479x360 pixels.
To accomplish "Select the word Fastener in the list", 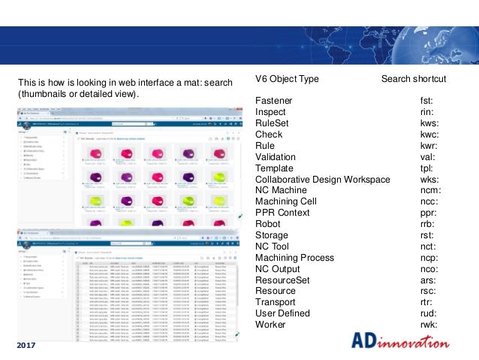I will click(274, 100).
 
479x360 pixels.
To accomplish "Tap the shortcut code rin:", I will click(426, 111).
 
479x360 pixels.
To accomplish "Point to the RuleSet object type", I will click(273, 123).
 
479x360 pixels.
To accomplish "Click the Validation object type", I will click(276, 156).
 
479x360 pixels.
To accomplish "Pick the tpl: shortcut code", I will click(426, 168).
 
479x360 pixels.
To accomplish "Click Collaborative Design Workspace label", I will click(322, 179).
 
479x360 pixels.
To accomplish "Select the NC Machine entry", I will click(280, 190).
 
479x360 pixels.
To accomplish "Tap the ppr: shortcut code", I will click(429, 213).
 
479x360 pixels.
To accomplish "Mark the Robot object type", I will click(268, 224).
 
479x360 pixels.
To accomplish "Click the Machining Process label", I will click(294, 257).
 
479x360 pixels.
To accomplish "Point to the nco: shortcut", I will click(429, 268).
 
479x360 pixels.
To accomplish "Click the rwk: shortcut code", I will click(429, 325).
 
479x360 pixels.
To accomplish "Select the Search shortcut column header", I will click(413, 79).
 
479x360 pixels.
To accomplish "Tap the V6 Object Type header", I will click(287, 79).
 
